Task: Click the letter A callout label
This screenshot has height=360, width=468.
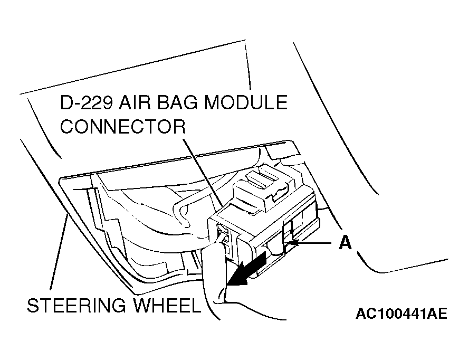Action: coord(345,242)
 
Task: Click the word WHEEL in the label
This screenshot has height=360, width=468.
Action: coord(167,306)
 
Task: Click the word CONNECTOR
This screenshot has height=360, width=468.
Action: coord(123,127)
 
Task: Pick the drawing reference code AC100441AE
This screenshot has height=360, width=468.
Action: coord(401,315)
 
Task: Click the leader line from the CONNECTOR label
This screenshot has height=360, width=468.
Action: coord(203,172)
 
